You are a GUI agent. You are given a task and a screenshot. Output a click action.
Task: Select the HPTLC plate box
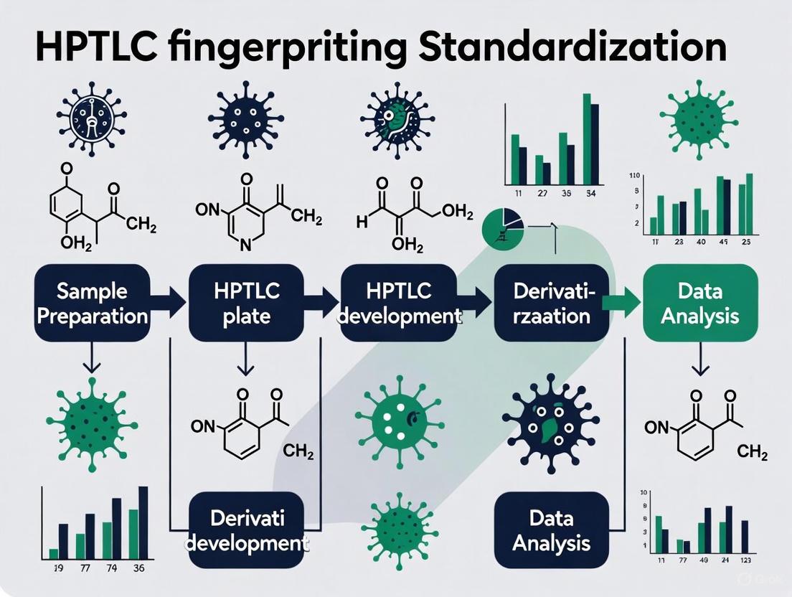tap(245, 303)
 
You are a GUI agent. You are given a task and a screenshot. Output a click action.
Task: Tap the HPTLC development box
tap(398, 303)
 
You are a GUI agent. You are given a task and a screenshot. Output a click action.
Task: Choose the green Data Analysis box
tap(699, 303)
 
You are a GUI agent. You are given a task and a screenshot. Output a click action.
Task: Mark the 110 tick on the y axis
tap(634, 175)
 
